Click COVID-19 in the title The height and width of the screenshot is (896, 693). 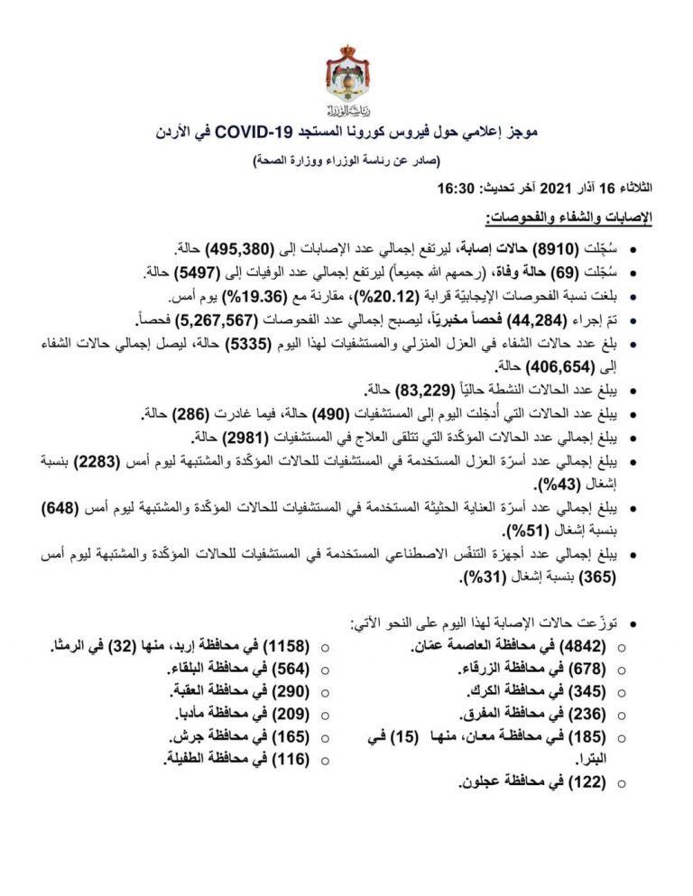pyautogui.click(x=300, y=133)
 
